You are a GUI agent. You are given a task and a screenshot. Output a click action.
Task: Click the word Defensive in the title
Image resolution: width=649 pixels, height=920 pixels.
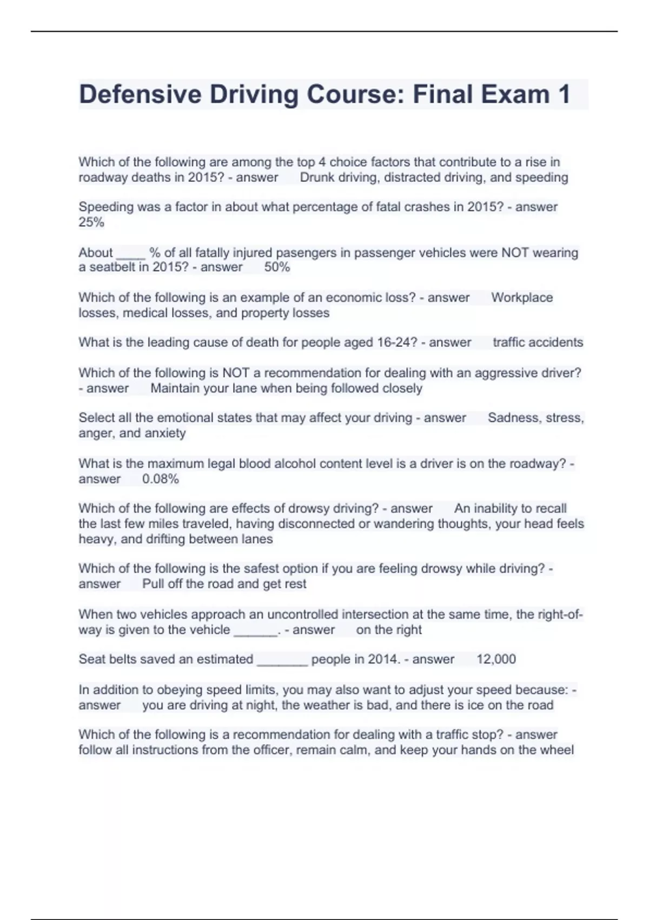(x=140, y=95)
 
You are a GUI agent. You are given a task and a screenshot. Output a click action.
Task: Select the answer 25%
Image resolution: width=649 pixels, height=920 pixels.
(x=91, y=222)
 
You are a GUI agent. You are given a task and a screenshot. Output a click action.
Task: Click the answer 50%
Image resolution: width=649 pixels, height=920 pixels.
(x=277, y=267)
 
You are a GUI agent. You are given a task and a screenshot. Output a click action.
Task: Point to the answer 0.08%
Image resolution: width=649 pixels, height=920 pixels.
(x=160, y=479)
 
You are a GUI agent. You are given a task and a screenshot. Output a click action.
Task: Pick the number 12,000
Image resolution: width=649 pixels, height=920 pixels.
(x=496, y=659)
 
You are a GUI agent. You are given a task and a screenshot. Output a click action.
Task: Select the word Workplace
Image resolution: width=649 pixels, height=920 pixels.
(x=522, y=298)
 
